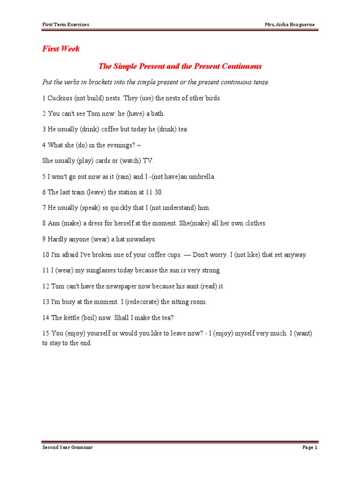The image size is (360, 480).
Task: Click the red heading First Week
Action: (61, 49)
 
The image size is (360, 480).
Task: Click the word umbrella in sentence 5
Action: (200, 176)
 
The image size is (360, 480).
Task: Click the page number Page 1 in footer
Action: (310, 448)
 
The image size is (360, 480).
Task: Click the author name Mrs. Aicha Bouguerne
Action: (290, 24)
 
